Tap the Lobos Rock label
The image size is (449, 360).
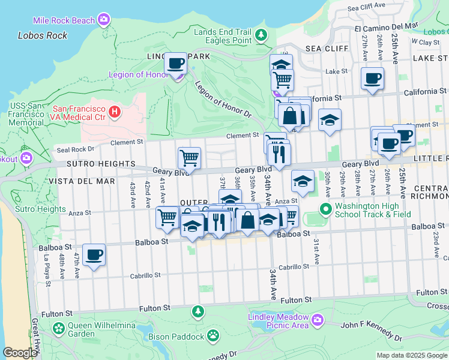[x=43, y=35]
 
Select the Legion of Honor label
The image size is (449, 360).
[x=138, y=75]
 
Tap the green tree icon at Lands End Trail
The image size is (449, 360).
[x=261, y=35]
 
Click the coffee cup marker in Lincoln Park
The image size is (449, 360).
[x=176, y=63]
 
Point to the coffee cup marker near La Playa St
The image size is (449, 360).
[x=94, y=254]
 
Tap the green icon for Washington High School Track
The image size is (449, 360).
[x=325, y=209]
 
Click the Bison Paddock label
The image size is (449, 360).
[x=176, y=337]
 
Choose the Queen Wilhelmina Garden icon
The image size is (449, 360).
[x=58, y=328]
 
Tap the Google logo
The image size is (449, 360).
[x=20, y=353]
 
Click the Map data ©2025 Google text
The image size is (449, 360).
[x=411, y=355]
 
